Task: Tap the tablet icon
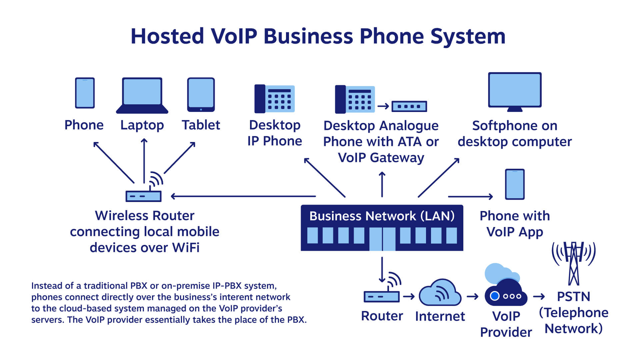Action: coord(201,95)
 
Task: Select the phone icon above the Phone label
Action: coord(85,93)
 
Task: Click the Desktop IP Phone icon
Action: coord(274,99)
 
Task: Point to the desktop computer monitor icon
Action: coord(515,91)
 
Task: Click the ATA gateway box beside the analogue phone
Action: coord(409,106)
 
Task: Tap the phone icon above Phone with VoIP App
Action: coord(515,184)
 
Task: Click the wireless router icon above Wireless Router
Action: coord(144,196)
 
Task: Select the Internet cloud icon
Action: coord(440,293)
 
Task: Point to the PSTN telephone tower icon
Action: coord(574,263)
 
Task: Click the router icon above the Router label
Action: coord(382,296)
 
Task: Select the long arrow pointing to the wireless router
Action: coord(243,196)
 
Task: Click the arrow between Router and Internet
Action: coord(409,296)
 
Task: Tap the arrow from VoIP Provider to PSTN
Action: coord(539,296)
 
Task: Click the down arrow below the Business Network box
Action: coord(382,270)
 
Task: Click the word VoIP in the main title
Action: coord(234,36)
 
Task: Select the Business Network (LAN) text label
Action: coord(382,216)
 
